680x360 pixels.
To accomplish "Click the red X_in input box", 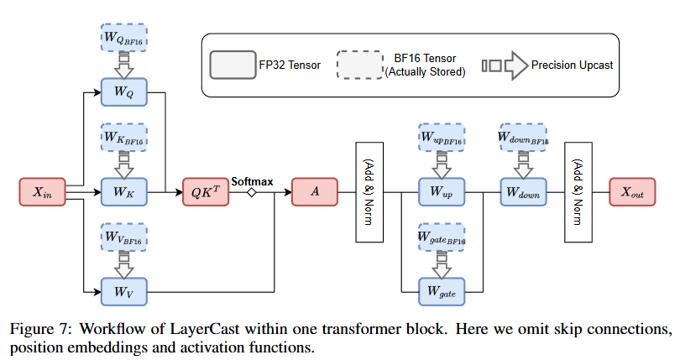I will coord(41,192).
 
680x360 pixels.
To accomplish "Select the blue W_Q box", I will coord(123,91).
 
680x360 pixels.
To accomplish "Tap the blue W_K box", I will coord(123,192).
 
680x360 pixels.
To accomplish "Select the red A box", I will coord(315,192).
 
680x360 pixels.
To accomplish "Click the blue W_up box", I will coord(442,192).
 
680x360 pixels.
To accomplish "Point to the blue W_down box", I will coord(523,192).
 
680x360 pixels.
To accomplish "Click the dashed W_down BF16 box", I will coord(523,136).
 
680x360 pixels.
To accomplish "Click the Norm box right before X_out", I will coord(577,192).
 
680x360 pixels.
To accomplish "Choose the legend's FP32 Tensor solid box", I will coord(233,64).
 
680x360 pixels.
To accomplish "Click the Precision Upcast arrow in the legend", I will coord(505,64).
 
